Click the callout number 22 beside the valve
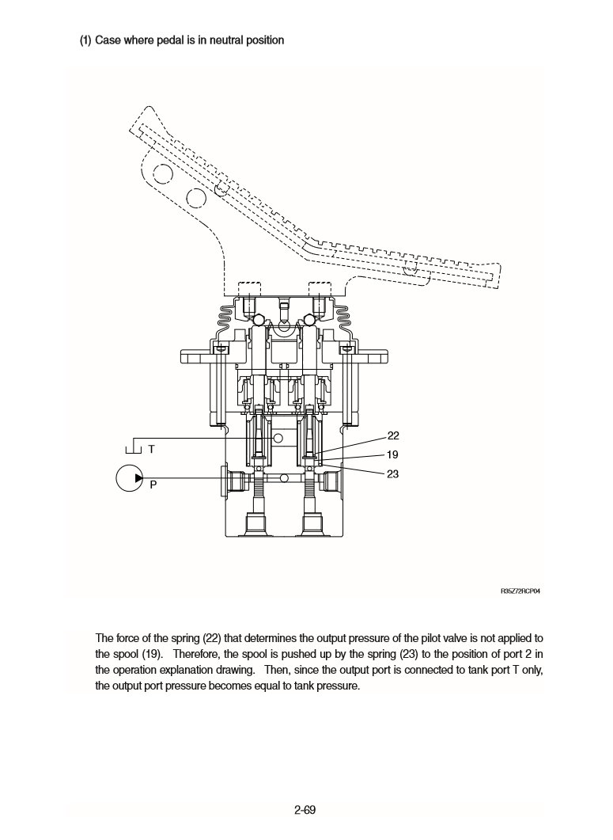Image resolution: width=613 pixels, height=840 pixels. pyautogui.click(x=393, y=436)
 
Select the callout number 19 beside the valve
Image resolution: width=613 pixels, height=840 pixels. pyautogui.click(x=393, y=455)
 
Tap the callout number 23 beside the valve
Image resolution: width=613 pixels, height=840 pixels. pyautogui.click(x=393, y=474)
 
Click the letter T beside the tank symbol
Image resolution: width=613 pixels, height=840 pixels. pyautogui.click(x=152, y=448)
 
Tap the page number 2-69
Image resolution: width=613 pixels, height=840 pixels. pyautogui.click(x=305, y=809)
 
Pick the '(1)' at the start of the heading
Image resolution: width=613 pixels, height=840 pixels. pyautogui.click(x=85, y=40)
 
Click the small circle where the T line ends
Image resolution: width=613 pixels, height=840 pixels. pyautogui.click(x=278, y=438)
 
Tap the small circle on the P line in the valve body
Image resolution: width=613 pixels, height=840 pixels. pyautogui.click(x=284, y=478)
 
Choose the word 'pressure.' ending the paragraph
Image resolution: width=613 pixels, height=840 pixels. pyautogui.click(x=338, y=686)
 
